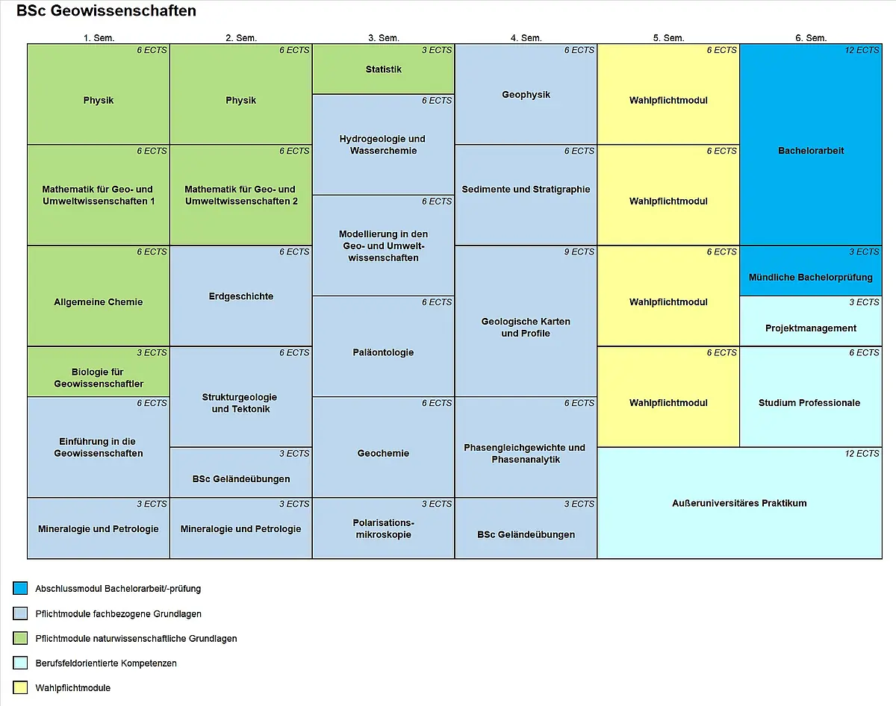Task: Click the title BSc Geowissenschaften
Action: pyautogui.click(x=106, y=11)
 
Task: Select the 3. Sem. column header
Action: pyautogui.click(x=384, y=38)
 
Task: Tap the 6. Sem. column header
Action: pyautogui.click(x=811, y=38)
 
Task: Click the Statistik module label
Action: pyautogui.click(x=384, y=69)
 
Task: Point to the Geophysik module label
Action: pyautogui.click(x=526, y=95)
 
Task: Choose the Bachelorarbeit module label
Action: pyautogui.click(x=811, y=151)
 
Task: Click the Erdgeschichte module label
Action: pyautogui.click(x=241, y=296)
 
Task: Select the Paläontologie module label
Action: pyautogui.click(x=384, y=352)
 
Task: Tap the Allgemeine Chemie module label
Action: pyautogui.click(x=99, y=302)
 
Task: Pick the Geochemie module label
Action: pyautogui.click(x=384, y=453)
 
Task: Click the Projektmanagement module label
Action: pyautogui.click(x=811, y=328)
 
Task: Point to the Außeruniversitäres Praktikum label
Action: pyautogui.click(x=739, y=503)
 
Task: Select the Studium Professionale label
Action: pyautogui.click(x=809, y=402)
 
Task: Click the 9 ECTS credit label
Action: pyautogui.click(x=579, y=252)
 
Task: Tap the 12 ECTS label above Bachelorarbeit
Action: pyautogui.click(x=862, y=50)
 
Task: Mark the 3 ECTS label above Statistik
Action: pyautogui.click(x=437, y=50)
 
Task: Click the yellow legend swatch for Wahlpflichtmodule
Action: pyautogui.click(x=20, y=687)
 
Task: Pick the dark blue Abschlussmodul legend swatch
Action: pyautogui.click(x=20, y=588)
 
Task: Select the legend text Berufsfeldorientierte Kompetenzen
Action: pyautogui.click(x=106, y=663)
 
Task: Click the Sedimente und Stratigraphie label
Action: pyautogui.click(x=526, y=189)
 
